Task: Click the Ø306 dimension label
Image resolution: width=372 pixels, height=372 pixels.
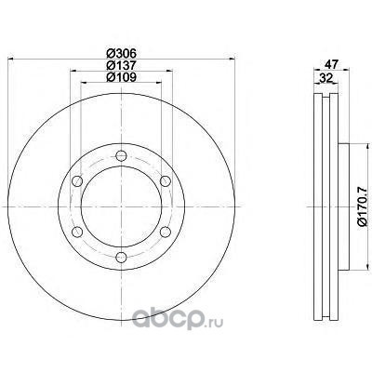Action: (x=121, y=54)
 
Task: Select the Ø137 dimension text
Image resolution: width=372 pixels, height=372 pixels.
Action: (x=121, y=65)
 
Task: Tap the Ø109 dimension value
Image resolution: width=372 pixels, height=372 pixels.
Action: (x=121, y=77)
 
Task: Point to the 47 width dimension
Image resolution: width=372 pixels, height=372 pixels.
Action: (x=331, y=63)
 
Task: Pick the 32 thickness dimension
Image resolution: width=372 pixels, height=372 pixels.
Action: (x=325, y=78)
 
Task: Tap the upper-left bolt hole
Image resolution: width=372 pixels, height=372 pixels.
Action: (x=77, y=181)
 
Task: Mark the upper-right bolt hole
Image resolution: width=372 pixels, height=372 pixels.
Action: (x=166, y=181)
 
